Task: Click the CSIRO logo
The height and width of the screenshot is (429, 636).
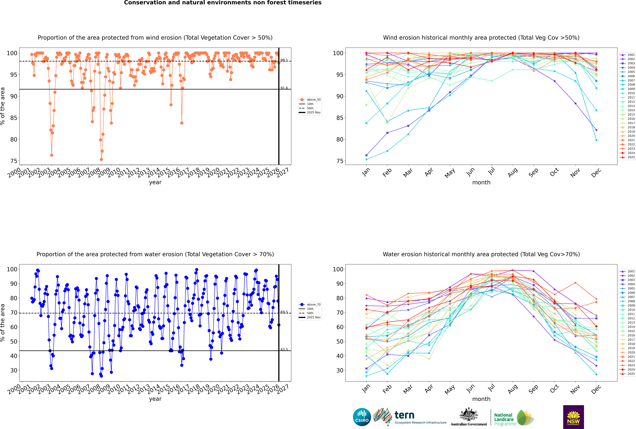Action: tap(362, 417)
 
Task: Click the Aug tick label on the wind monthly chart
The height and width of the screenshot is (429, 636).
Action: tap(513, 172)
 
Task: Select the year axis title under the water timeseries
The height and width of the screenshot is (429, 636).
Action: tap(155, 399)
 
